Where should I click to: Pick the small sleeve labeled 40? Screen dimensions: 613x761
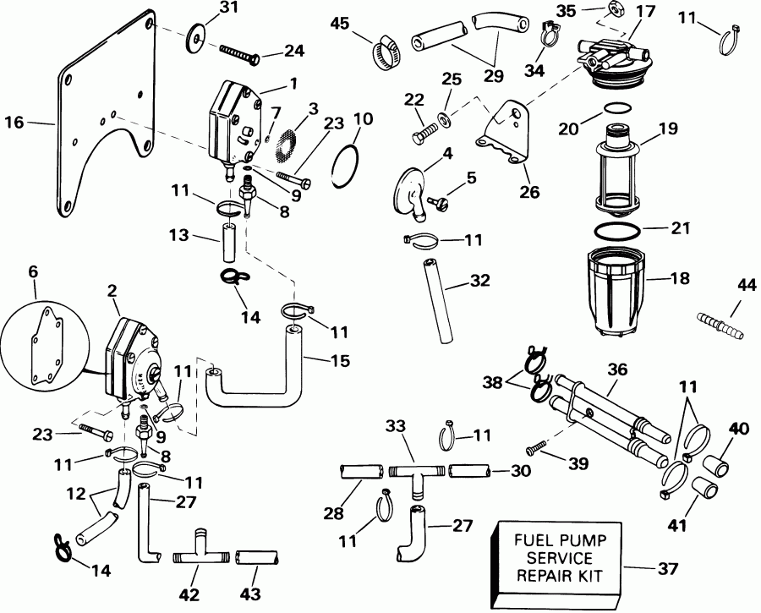click(x=718, y=466)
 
